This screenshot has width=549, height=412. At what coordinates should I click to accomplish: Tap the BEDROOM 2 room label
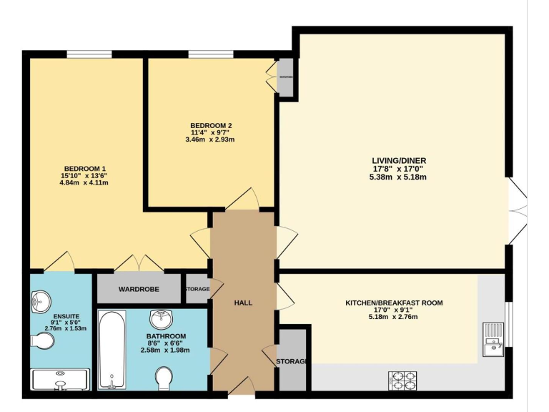coord(211,125)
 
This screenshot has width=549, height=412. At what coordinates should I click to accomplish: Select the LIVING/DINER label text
coord(398,161)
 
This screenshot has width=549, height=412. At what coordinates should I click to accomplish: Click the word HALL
coord(243,303)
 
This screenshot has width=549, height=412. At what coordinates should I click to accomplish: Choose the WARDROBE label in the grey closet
coord(139,289)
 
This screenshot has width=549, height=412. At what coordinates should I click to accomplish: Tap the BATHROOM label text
coord(166,336)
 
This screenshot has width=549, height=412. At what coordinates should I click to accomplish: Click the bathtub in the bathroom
coord(111,350)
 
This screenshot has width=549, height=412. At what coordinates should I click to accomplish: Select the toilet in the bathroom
coord(164,378)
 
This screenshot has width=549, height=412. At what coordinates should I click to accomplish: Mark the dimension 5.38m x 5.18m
coord(398,177)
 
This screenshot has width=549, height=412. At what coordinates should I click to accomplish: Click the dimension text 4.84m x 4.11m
coord(84,183)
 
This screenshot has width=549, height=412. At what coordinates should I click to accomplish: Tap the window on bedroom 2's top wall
coord(211,54)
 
